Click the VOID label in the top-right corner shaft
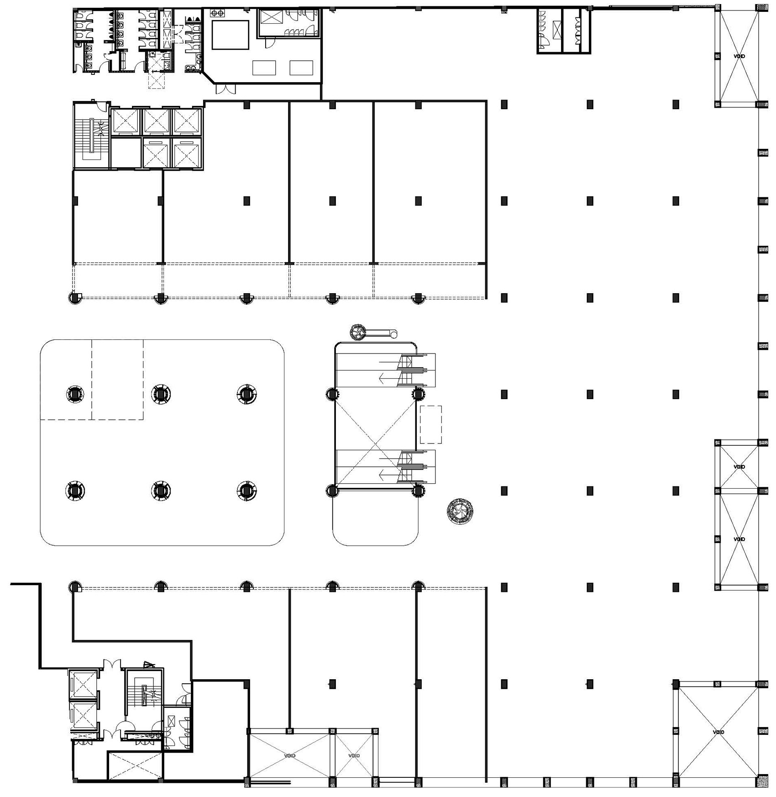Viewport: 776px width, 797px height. pyautogui.click(x=739, y=56)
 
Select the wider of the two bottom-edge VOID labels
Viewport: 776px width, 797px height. pyautogui.click(x=289, y=755)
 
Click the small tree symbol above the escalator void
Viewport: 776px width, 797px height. pyautogui.click(x=358, y=332)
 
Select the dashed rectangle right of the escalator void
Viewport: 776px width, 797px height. pyautogui.click(x=430, y=424)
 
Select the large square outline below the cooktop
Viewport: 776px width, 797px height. pyautogui.click(x=229, y=34)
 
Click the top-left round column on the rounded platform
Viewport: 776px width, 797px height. pyautogui.click(x=75, y=394)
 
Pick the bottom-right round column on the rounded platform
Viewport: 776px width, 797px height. pyautogui.click(x=246, y=491)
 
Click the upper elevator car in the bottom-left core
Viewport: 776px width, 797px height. pyautogui.click(x=83, y=685)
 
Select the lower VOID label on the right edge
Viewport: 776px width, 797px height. pyautogui.click(x=739, y=539)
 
